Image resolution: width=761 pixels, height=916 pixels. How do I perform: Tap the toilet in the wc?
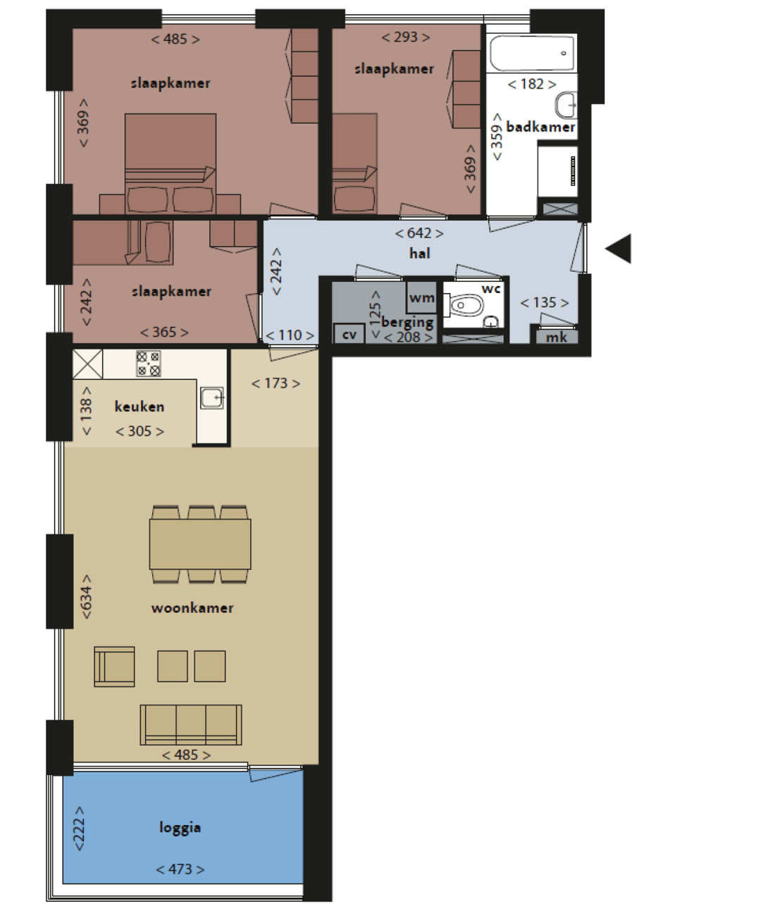(464, 305)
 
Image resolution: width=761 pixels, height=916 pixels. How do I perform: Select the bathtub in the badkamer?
(532, 54)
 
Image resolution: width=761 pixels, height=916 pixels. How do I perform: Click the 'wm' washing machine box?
(421, 297)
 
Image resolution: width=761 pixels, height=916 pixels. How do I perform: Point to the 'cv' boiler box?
(349, 334)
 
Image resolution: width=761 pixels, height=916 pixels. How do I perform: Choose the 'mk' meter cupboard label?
(557, 338)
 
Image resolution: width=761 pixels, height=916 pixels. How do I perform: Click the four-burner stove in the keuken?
(148, 364)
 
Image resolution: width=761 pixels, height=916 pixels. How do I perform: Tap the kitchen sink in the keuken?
(212, 398)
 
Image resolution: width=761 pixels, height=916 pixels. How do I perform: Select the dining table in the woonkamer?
(200, 544)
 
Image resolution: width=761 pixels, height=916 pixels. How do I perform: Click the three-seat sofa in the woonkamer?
(191, 725)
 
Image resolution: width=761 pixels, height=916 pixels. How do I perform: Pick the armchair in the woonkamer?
(114, 667)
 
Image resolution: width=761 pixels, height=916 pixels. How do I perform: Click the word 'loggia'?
(180, 828)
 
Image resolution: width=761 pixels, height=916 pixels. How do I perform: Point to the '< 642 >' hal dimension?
(419, 233)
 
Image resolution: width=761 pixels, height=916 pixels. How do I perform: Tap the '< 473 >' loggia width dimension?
(180, 869)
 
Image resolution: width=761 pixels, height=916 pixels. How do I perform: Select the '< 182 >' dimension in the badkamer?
(532, 84)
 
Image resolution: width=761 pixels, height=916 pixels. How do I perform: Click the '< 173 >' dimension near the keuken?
(276, 383)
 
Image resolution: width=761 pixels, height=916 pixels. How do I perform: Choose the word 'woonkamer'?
(192, 608)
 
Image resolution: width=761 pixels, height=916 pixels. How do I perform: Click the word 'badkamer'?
(540, 127)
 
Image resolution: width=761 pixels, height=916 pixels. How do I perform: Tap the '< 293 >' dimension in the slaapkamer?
(406, 37)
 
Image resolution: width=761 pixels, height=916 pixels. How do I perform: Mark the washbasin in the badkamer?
(567, 105)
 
